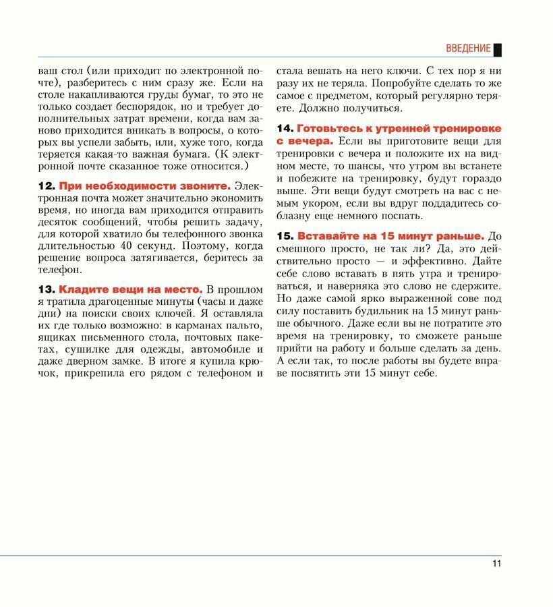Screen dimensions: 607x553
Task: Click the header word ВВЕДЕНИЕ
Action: [x=468, y=49]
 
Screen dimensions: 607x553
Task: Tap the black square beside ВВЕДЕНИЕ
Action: [x=498, y=49]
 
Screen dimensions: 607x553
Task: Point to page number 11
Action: [x=496, y=564]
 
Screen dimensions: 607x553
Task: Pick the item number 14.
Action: [x=285, y=128]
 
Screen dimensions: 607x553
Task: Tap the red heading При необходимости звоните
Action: [x=144, y=185]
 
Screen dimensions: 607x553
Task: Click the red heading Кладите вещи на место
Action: [x=130, y=289]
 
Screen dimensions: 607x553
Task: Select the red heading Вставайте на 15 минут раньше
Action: [x=391, y=236]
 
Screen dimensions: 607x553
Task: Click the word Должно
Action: [x=316, y=107]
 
